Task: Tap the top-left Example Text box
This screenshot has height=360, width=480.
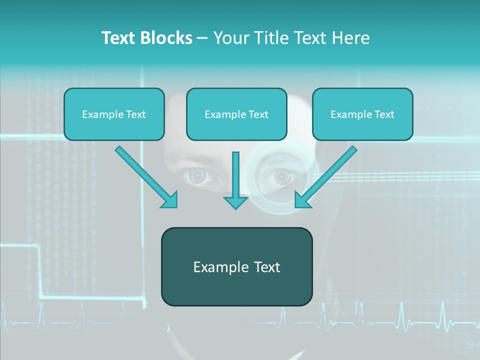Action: point(114,114)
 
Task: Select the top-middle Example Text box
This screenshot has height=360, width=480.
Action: point(236,114)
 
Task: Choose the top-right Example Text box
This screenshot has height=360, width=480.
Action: point(362,114)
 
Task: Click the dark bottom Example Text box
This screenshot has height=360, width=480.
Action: point(236,266)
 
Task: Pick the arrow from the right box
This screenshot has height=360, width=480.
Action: point(327,175)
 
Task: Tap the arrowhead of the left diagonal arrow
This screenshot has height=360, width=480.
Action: point(169,199)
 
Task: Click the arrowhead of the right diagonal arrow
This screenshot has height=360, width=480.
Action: point(303,199)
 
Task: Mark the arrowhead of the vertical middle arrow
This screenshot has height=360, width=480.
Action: point(235,202)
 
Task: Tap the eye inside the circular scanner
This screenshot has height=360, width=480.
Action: point(281,176)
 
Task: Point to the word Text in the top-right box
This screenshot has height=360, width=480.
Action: point(384,114)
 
